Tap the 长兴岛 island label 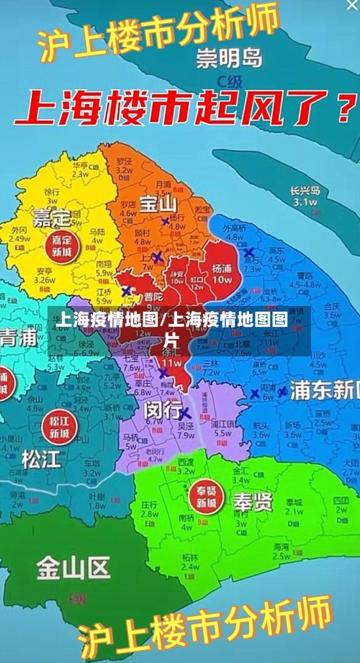tap(305, 197)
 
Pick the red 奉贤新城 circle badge tap(206, 497)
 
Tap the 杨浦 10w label tap(222, 273)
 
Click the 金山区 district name tap(73, 568)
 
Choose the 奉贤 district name tap(252, 501)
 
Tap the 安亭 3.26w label tap(45, 276)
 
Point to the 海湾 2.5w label tap(282, 551)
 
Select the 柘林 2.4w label tap(190, 562)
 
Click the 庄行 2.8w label tap(150, 509)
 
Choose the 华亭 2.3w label tap(80, 169)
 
